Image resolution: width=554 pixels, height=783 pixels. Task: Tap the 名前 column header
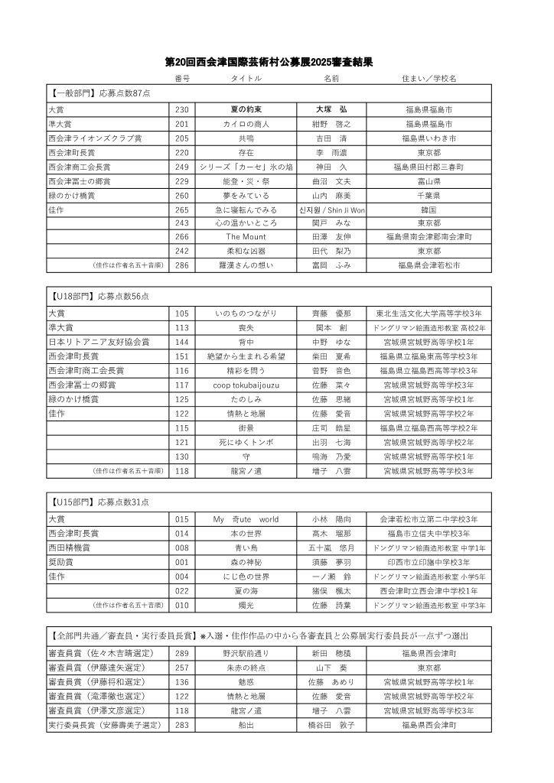(x=331, y=79)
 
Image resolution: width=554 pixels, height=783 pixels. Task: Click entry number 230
(x=181, y=109)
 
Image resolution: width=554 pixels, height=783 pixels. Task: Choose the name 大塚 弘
(x=331, y=109)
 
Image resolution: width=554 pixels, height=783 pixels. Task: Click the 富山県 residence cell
(x=429, y=182)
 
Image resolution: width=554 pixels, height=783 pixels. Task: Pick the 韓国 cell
(x=429, y=210)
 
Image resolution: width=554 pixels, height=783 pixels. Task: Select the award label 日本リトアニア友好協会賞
(x=99, y=342)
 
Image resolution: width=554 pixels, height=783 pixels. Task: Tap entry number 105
(x=181, y=314)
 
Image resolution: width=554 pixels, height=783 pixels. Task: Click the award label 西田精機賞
(x=79, y=548)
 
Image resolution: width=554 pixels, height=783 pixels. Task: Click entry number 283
(x=181, y=725)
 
